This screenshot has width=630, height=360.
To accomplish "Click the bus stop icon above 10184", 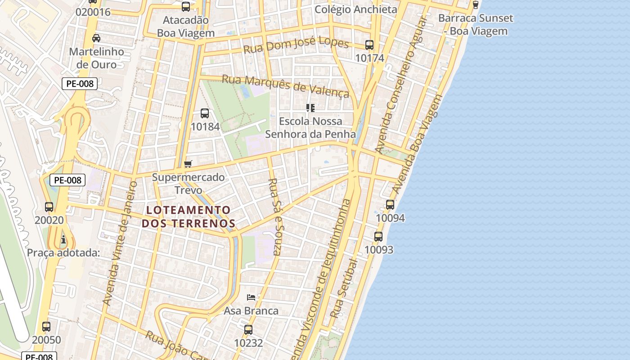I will click(x=205, y=113).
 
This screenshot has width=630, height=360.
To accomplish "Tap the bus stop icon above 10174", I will click(x=369, y=45).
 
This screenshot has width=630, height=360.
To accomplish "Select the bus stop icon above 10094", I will click(x=390, y=205).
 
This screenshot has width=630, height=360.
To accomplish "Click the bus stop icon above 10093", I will click(x=378, y=236).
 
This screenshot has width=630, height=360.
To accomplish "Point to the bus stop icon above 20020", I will click(x=49, y=207).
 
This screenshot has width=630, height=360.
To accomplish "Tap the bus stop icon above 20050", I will click(x=46, y=327).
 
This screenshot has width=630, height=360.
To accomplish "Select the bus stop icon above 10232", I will click(x=248, y=330).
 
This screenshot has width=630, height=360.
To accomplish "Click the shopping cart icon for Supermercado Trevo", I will click(x=188, y=164).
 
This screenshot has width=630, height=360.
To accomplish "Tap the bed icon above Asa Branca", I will click(x=251, y=297).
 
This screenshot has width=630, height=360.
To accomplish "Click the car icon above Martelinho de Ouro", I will click(x=96, y=38).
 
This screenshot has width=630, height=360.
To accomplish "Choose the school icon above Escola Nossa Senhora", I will click(x=310, y=108).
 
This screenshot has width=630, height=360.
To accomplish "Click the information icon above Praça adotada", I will click(x=63, y=239).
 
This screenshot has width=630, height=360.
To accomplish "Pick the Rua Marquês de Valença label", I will click(x=286, y=86).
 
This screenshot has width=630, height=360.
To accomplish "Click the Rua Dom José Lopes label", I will click(x=296, y=46).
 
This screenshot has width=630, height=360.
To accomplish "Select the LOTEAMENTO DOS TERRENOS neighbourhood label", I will click(x=188, y=216).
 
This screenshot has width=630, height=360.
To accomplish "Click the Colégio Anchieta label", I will click(x=355, y=9).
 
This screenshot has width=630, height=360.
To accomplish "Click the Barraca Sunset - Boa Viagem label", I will click(x=475, y=25).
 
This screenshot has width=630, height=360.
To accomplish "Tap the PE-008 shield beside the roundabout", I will click(x=80, y=83).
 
